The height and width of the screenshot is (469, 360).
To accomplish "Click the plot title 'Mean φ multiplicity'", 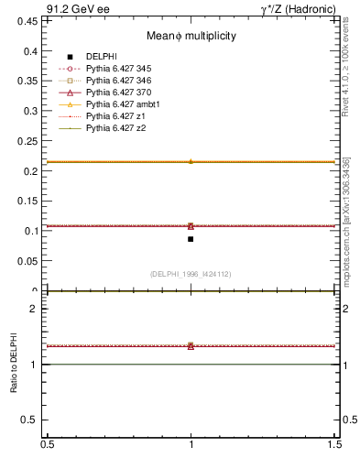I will click(191, 36).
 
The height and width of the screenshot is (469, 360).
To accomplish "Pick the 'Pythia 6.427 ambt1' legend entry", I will click(119, 104).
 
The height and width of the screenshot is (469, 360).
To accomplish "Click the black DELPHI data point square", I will click(191, 239).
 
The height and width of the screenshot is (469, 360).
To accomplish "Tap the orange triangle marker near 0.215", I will click(191, 161).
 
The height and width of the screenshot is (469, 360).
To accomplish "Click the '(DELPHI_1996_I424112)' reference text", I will click(191, 273).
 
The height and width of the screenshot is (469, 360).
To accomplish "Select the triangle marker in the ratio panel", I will click(191, 345).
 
